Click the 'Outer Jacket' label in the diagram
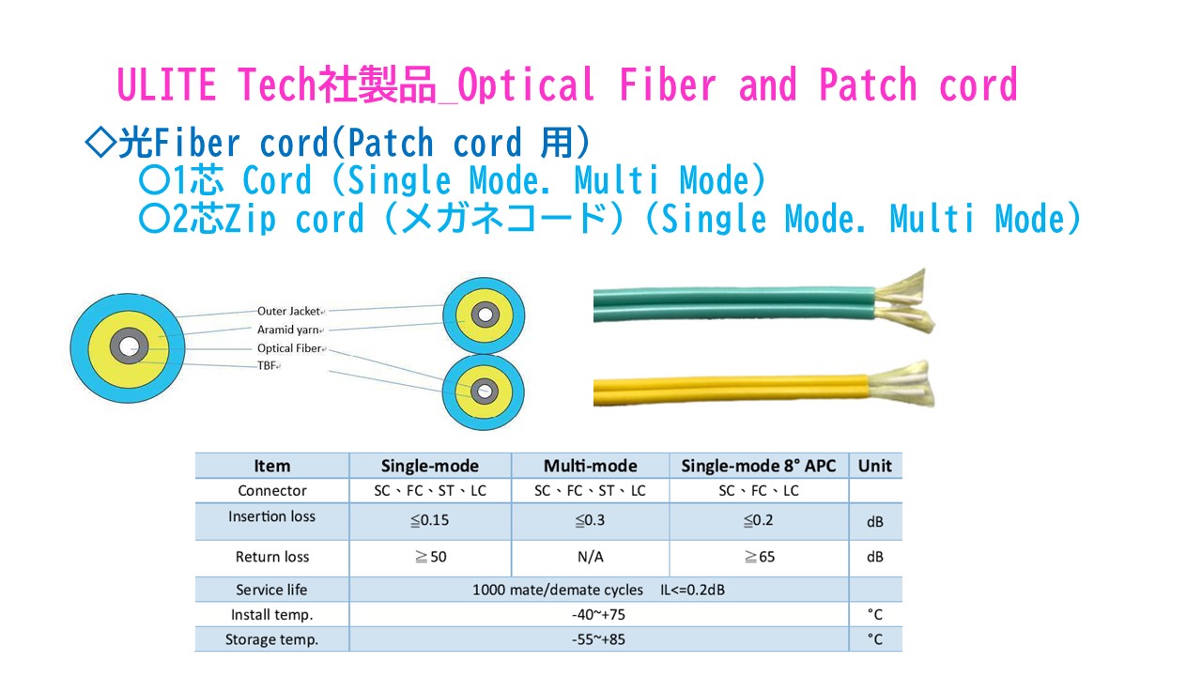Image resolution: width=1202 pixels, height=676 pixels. (288, 311)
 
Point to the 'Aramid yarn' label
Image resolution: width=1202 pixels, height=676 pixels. (287, 330)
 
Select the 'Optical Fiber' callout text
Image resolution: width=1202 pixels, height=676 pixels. (288, 348)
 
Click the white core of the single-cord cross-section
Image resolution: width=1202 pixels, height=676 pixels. (129, 346)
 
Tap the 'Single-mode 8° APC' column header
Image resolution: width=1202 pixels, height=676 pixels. (758, 466)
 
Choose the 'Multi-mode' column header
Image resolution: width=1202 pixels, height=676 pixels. (591, 466)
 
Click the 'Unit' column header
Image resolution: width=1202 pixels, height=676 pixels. (874, 466)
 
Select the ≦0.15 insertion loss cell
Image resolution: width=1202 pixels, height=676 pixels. (429, 520)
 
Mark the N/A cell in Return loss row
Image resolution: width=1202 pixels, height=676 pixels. (591, 557)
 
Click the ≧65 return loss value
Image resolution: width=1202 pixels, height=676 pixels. (760, 557)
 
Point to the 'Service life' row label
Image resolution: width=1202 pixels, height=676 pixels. (271, 590)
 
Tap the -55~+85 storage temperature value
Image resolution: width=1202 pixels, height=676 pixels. (598, 639)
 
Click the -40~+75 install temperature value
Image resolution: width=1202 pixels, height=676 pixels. (598, 614)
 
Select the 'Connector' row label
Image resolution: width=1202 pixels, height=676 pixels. (272, 490)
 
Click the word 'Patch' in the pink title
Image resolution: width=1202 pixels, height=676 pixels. (867, 84)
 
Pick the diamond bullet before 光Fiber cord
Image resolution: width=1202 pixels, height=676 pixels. (100, 142)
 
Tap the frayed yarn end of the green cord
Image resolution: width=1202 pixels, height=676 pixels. (904, 301)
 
